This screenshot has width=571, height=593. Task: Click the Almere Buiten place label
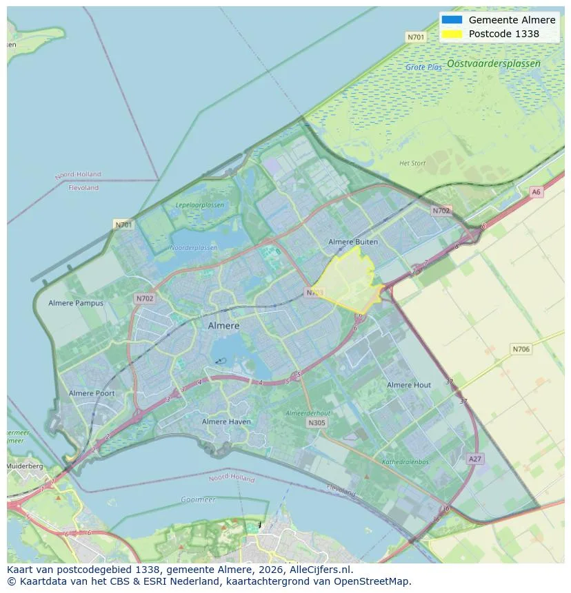(353, 242)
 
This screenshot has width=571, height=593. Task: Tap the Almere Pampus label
(76, 303)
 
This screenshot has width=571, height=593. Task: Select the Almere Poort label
(92, 393)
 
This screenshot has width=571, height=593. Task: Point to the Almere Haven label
(226, 422)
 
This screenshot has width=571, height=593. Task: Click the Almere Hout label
(409, 385)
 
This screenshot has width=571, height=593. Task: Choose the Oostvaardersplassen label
(493, 63)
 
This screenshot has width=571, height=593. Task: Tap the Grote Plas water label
(423, 67)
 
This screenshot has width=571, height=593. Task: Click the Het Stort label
(412, 163)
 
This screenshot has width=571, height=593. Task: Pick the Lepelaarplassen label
(199, 205)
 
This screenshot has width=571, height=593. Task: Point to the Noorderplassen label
(193, 248)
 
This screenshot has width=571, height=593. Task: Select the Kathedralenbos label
(405, 462)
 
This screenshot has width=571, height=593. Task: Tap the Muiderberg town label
(25, 466)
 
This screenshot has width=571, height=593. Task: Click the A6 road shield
(536, 192)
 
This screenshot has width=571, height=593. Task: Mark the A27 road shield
(474, 459)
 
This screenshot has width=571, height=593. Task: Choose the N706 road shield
(521, 349)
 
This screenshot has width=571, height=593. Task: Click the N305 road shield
(317, 423)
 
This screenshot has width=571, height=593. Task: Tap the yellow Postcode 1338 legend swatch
(452, 33)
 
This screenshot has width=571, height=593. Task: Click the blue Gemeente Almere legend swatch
(452, 20)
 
